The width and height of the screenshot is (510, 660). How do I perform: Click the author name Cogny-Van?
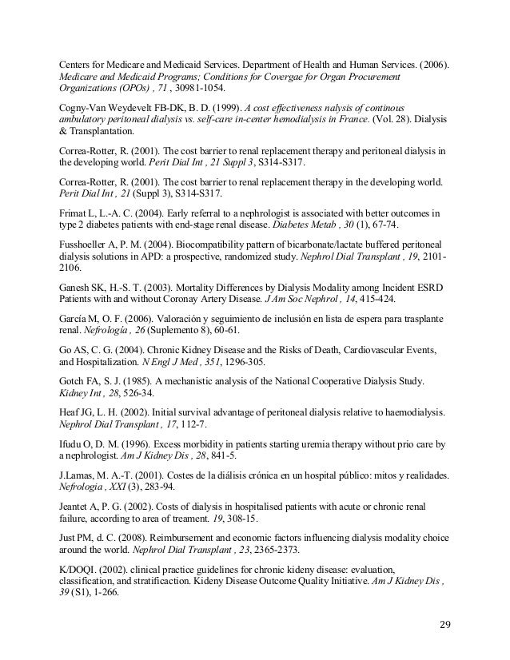tap(90, 108)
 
